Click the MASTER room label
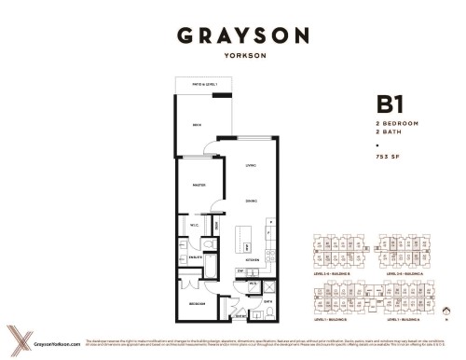(198, 185)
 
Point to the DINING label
(251, 201)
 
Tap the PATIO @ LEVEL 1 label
(197, 83)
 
